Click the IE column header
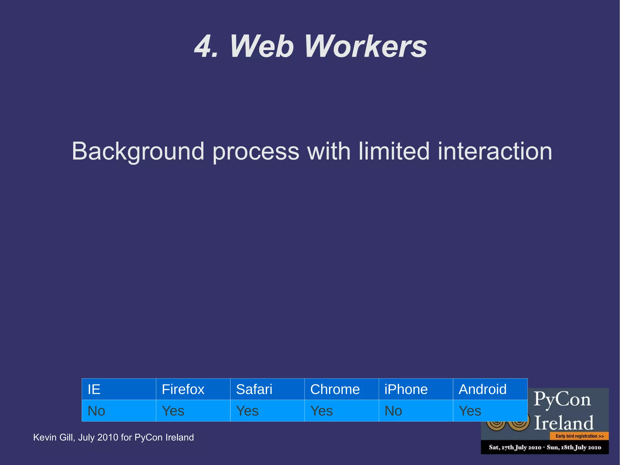[x=119, y=389]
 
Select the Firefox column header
[x=193, y=389]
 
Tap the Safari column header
[x=267, y=389]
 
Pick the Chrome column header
[x=341, y=389]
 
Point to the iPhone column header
[x=415, y=389]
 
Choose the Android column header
[x=490, y=389]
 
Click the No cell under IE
[x=119, y=411]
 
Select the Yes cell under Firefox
[x=193, y=411]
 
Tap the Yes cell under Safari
[x=267, y=411]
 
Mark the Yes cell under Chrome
[x=341, y=411]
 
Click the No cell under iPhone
[x=415, y=411]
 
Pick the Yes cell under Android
[x=490, y=411]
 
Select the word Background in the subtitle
[x=138, y=151]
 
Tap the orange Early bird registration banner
[x=579, y=436]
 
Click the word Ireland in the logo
[x=564, y=423]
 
